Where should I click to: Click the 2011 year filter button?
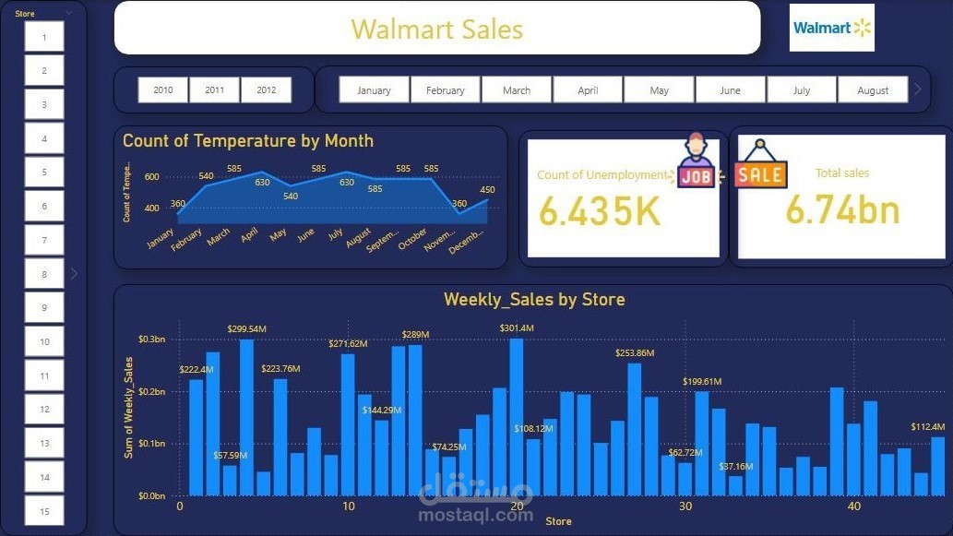[x=214, y=89]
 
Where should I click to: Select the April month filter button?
[x=588, y=89]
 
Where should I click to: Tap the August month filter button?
[x=872, y=89]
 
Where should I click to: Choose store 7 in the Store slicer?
[x=44, y=240]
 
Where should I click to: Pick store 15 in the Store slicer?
[x=44, y=510]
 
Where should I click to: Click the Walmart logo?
[x=832, y=28]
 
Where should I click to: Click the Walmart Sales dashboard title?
[x=436, y=29]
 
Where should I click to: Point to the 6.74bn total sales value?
[x=842, y=210]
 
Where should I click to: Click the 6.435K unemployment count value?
[x=600, y=211]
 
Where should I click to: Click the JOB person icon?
[x=697, y=162]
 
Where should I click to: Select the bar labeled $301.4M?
[x=517, y=416]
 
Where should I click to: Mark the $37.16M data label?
[x=736, y=467]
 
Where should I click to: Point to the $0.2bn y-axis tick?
[x=151, y=392]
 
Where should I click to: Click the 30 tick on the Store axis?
[x=685, y=506]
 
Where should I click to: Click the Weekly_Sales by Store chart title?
[x=534, y=299]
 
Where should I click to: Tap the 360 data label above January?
[x=177, y=204]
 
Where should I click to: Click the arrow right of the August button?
[x=917, y=89]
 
